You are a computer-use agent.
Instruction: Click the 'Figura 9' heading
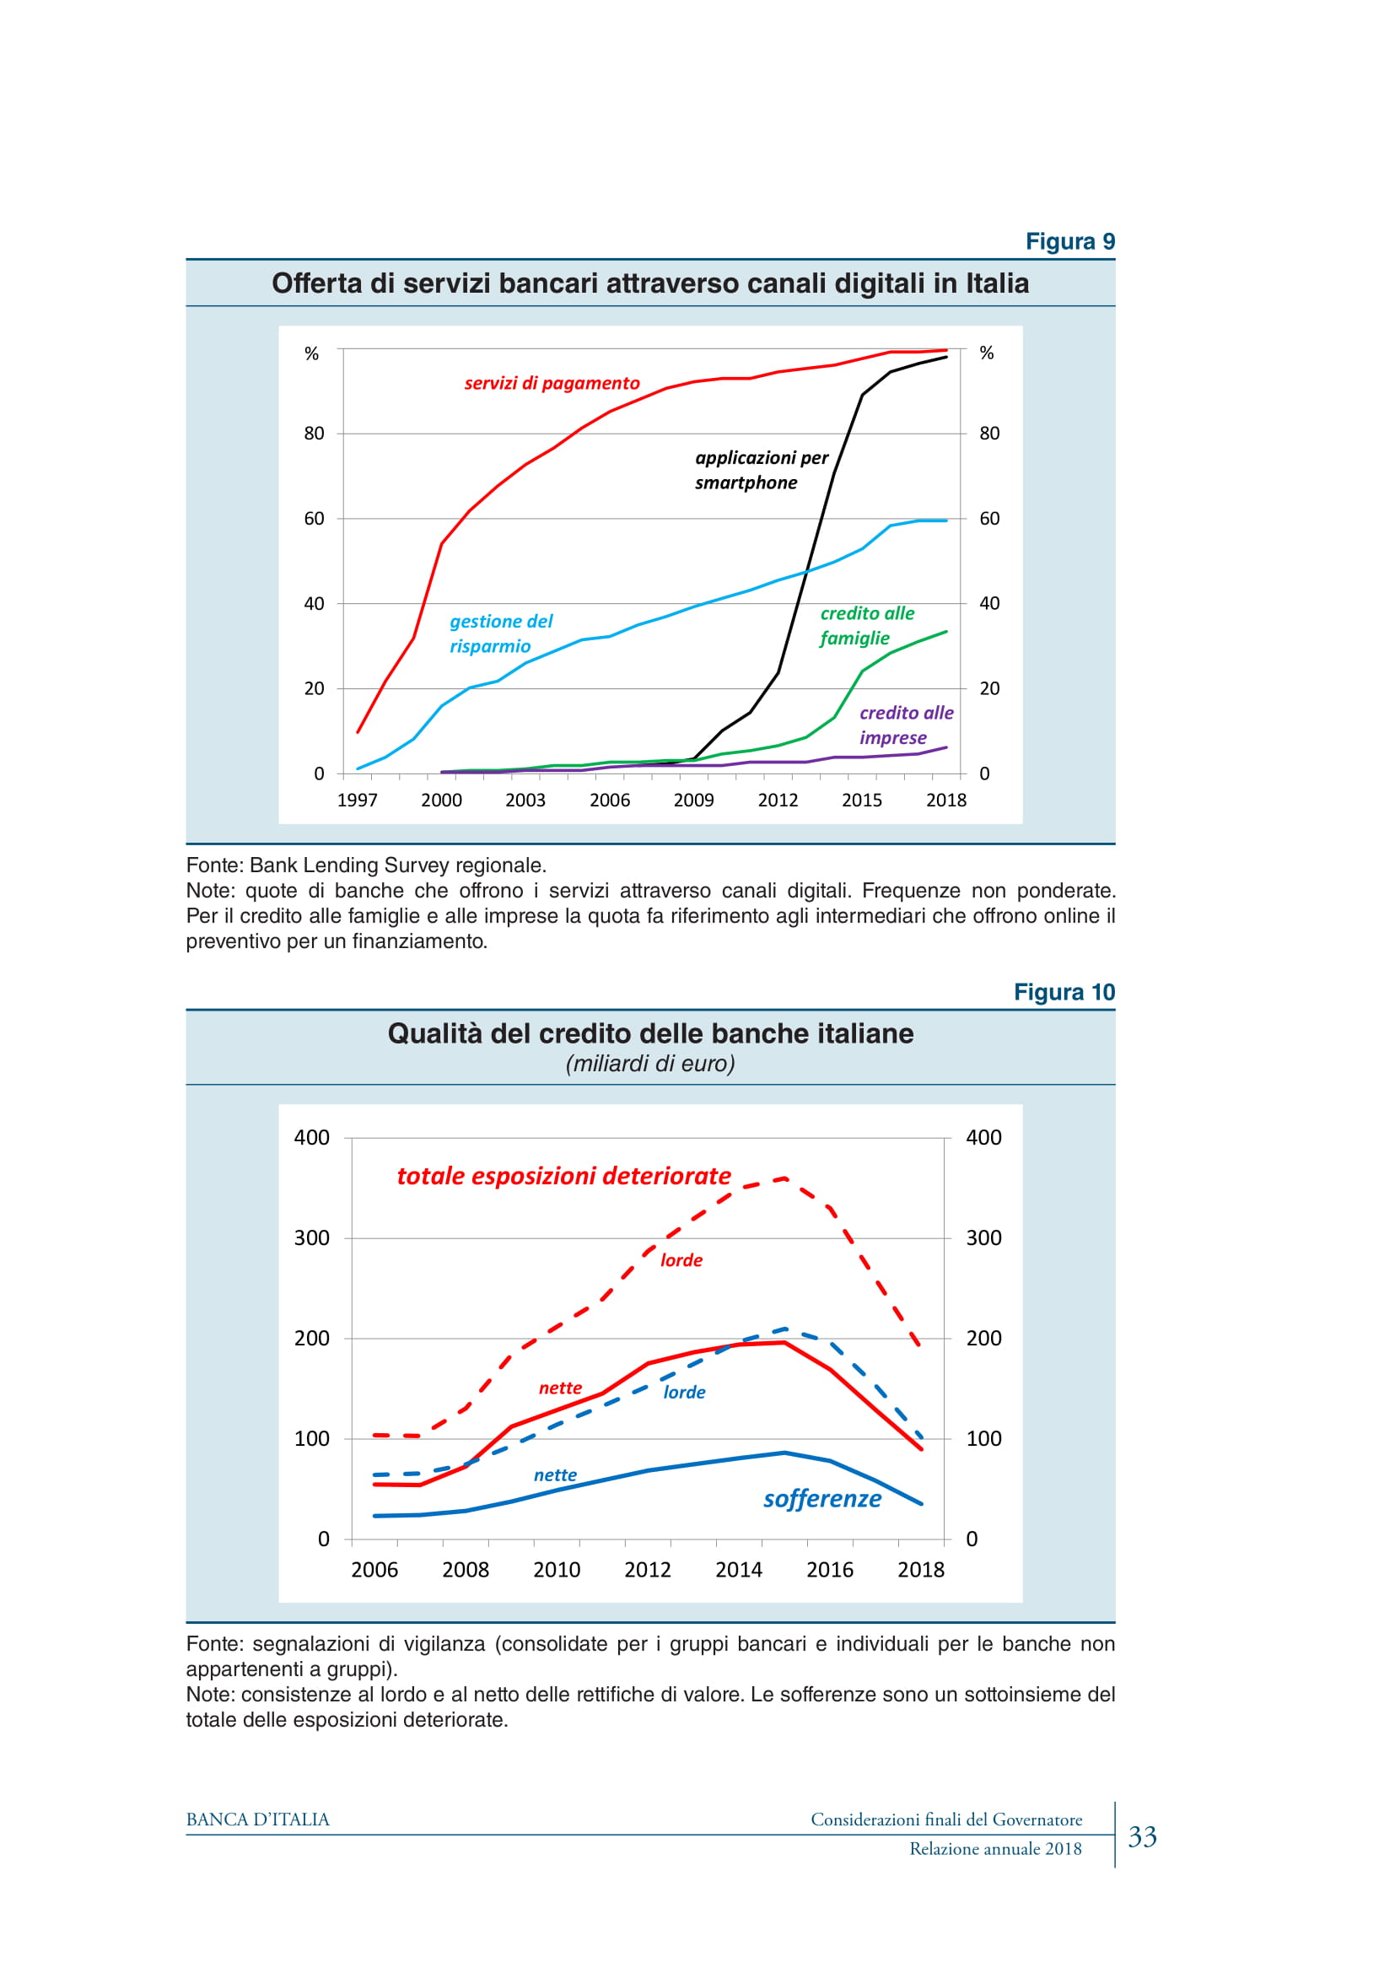coord(1069,241)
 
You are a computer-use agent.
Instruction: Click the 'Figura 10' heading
coord(1064,993)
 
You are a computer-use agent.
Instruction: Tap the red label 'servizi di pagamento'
coord(552,383)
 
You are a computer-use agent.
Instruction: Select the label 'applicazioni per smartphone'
coord(760,470)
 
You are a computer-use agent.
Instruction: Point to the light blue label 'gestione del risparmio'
coord(501,633)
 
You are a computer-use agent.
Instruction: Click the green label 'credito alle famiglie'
coord(866,626)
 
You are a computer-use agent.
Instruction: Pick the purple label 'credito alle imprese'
coord(905,725)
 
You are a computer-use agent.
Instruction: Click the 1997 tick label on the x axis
coord(358,800)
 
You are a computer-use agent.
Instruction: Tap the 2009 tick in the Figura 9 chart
coord(693,800)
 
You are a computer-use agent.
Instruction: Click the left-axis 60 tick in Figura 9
coord(315,518)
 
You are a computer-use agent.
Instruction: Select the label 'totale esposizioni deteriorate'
coord(563,1176)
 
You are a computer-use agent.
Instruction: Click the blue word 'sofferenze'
coord(822,1499)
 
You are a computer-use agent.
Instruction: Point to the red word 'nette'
coord(560,1388)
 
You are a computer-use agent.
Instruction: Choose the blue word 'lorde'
coord(684,1392)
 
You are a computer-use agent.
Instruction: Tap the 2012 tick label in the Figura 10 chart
coord(647,1570)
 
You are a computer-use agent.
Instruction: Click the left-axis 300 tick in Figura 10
coord(312,1238)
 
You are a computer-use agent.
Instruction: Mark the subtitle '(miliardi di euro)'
coord(650,1064)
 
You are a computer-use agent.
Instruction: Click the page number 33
coord(1142,1837)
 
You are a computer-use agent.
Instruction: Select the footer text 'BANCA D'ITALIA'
coord(258,1820)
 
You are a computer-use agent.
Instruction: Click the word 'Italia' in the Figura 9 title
coord(997,283)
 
